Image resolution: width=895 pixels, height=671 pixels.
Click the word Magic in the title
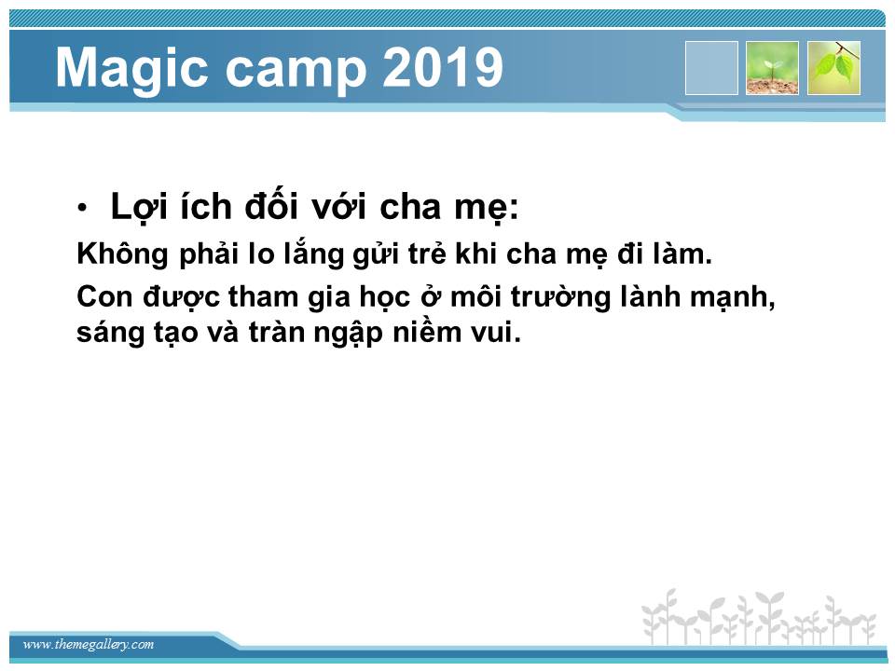point(131,68)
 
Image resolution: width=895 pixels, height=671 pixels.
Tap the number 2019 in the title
point(442,67)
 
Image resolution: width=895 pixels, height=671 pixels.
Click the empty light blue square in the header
point(711,68)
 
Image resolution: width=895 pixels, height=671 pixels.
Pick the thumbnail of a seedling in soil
point(772,68)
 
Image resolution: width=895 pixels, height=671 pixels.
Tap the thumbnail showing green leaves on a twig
point(833,68)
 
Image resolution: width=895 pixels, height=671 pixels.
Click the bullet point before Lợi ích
point(83,208)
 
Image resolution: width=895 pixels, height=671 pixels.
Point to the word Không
point(123,253)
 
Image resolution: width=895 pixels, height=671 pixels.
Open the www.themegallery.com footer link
point(89,645)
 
